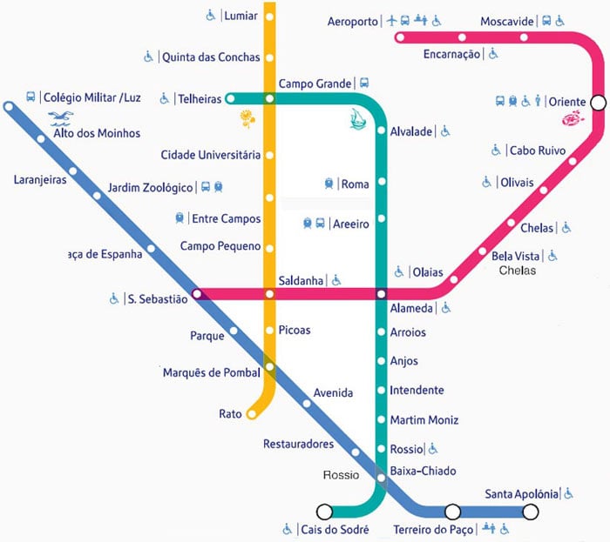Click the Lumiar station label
point(241,16)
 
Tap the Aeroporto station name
point(353,20)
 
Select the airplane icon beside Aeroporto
point(392,19)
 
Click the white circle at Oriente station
point(598,103)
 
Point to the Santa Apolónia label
point(521,494)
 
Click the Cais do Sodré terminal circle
point(324,512)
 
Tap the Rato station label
point(230,414)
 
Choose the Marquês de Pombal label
point(212,373)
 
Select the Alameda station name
point(411,307)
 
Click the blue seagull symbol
point(63,117)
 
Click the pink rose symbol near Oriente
point(573,118)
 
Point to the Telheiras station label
point(200,99)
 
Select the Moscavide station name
point(506,21)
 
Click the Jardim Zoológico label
point(151,187)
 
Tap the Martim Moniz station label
point(424,420)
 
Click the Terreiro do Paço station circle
point(452,512)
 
